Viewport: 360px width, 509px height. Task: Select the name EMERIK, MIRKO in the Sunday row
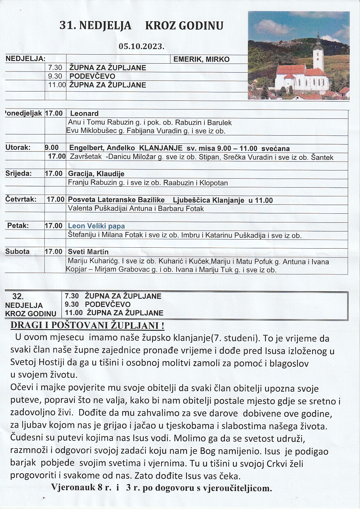click(201, 59)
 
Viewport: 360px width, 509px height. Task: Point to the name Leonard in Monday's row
click(84, 114)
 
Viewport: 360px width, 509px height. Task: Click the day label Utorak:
click(18, 147)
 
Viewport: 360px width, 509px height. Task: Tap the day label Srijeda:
click(19, 174)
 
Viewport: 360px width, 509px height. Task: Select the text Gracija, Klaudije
click(96, 174)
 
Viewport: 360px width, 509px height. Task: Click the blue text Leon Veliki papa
click(96, 226)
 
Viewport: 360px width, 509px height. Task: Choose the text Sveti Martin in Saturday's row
click(88, 251)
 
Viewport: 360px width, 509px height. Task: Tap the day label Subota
click(17, 251)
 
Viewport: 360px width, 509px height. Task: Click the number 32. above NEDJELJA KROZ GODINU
click(18, 296)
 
